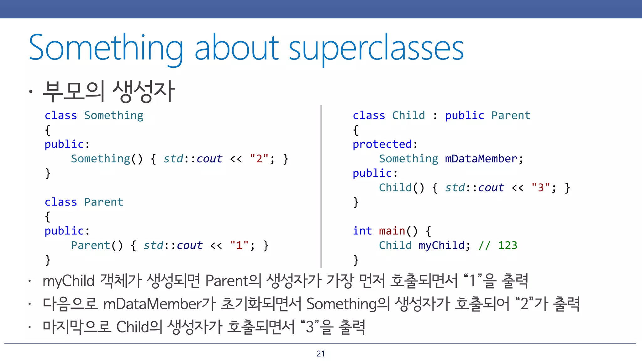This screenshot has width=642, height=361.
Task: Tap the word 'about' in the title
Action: [237, 48]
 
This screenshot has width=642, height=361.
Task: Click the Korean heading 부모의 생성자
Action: [108, 91]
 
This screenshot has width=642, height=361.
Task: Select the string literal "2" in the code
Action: [259, 159]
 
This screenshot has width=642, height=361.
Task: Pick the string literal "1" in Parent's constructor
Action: [239, 245]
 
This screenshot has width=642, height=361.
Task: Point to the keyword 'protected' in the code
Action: [382, 144]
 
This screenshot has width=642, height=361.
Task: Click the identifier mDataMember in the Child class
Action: [481, 159]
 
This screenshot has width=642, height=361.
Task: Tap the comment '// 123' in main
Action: [498, 245]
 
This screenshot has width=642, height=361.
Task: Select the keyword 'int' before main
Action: [362, 231]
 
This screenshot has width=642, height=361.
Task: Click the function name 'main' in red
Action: [392, 231]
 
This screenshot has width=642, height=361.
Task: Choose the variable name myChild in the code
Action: [441, 245]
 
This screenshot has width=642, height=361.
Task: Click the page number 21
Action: [320, 353]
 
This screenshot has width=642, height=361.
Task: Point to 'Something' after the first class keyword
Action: [113, 116]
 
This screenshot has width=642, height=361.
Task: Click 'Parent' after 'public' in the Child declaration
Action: [511, 116]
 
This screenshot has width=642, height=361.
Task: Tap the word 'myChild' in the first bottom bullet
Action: [68, 281]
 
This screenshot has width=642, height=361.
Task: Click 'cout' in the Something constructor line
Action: [209, 159]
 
